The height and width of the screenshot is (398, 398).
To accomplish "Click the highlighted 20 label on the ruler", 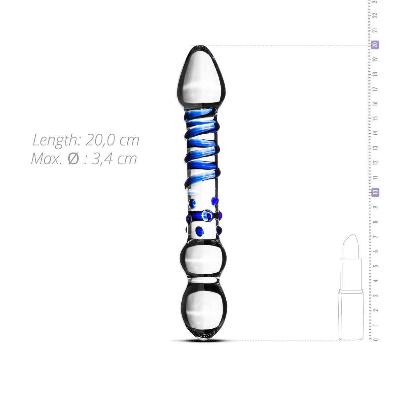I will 375,45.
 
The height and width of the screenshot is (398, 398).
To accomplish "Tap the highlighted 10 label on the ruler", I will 375,192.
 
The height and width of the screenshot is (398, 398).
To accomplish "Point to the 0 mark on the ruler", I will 375,339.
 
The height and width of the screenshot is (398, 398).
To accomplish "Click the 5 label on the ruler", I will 375,266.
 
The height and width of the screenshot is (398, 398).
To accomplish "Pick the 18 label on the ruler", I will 375,74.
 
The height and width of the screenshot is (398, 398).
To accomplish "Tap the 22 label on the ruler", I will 375,16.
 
